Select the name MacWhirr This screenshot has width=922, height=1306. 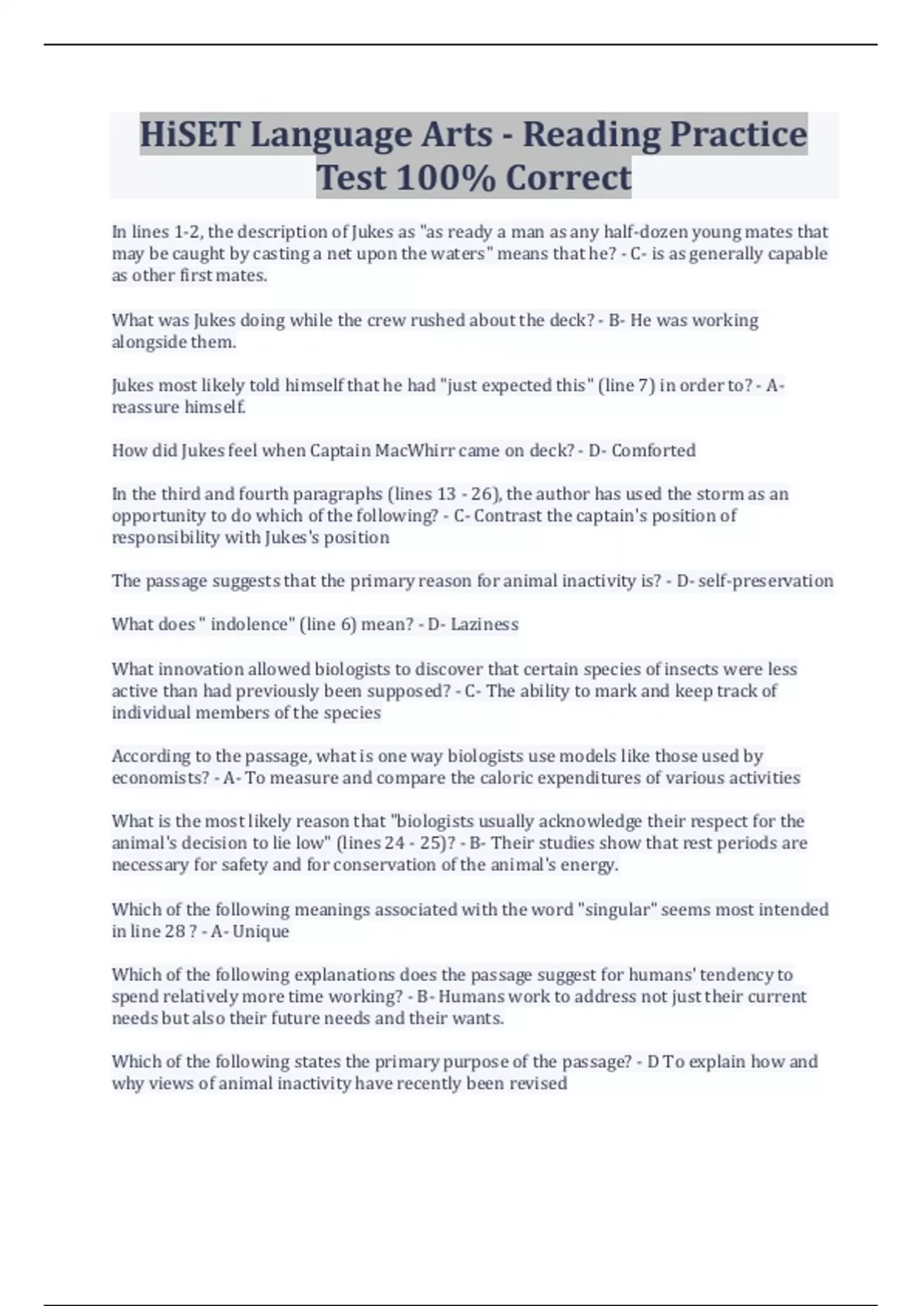click(x=413, y=450)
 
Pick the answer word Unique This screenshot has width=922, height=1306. click(x=261, y=932)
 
